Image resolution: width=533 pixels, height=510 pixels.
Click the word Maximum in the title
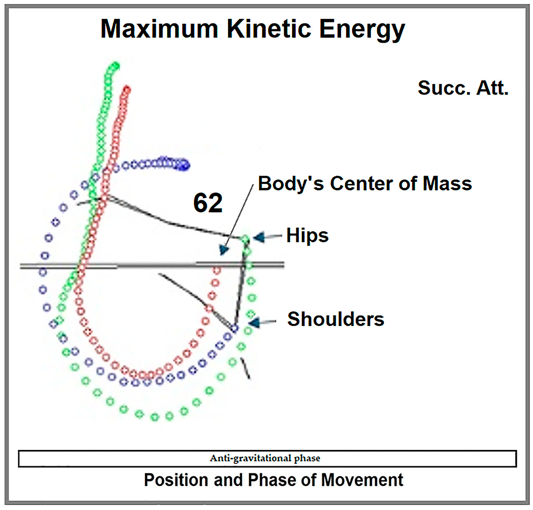coord(159,29)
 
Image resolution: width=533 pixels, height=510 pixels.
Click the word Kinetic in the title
coord(269,29)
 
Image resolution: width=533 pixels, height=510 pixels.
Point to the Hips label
coord(307,235)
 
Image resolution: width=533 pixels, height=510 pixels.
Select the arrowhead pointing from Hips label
coord(259,237)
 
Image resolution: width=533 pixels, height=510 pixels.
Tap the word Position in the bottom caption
coord(176,480)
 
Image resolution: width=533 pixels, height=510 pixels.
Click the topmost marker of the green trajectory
coord(116,66)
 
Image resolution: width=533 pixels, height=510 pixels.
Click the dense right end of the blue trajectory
coord(185,165)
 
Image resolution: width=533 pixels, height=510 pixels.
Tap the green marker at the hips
coord(245,240)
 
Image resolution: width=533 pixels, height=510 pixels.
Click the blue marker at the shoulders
coord(234,328)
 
